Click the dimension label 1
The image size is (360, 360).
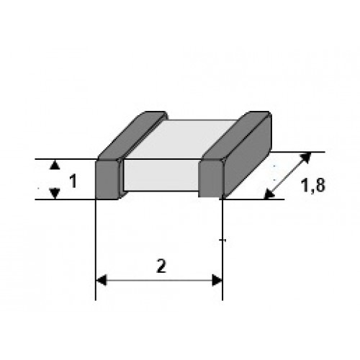[73, 181]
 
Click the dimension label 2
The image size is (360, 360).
[161, 266]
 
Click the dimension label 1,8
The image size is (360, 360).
[313, 186]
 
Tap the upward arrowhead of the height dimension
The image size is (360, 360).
[55, 165]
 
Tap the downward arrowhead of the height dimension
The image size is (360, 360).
[55, 193]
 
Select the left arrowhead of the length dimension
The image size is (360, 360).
[101, 280]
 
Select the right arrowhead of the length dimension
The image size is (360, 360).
[217, 280]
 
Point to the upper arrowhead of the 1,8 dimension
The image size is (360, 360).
[306, 158]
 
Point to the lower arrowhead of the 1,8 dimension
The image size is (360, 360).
[269, 194]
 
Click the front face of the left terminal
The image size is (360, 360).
[107, 179]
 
